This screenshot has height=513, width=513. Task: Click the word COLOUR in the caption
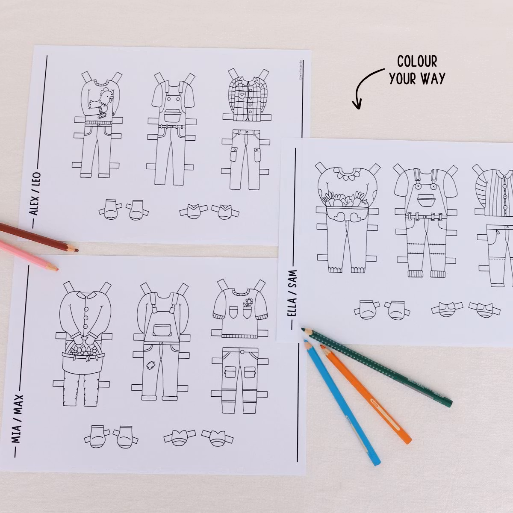pyautogui.click(x=417, y=62)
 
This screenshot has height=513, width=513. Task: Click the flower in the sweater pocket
pyautogui.click(x=247, y=305)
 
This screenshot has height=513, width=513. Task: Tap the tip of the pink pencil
pyautogui.click(x=56, y=269)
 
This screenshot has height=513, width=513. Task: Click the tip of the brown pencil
pyautogui.click(x=76, y=249)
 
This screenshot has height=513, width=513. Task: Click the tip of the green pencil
pyautogui.click(x=304, y=330)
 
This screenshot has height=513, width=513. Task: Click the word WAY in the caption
pyautogui.click(x=433, y=78)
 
